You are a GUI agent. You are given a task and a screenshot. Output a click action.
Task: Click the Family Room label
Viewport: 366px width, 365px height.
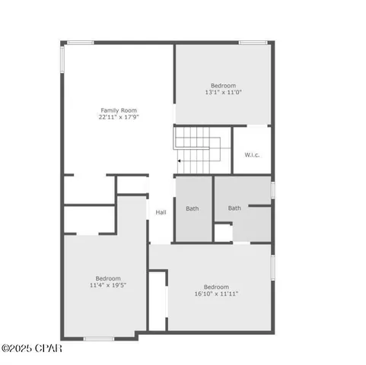(x=118, y=110)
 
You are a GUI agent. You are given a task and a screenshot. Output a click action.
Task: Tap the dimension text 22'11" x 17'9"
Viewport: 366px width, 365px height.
(x=118, y=117)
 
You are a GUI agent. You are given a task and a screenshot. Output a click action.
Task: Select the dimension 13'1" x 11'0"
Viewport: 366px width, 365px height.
(x=224, y=92)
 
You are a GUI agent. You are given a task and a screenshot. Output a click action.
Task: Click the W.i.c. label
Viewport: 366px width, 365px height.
(x=252, y=155)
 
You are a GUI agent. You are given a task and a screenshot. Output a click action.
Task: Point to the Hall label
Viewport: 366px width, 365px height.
(x=161, y=212)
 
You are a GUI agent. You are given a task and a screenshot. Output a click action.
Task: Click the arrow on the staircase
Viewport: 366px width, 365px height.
(x=180, y=161)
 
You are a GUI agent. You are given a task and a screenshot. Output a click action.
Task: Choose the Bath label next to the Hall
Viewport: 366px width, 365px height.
(x=193, y=208)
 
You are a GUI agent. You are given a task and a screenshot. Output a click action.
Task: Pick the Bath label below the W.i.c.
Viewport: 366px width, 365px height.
(x=234, y=208)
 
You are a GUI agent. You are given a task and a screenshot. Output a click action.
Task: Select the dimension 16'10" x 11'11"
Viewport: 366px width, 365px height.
(x=216, y=293)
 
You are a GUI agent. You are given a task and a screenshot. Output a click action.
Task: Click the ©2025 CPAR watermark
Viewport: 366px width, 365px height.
(x=32, y=349)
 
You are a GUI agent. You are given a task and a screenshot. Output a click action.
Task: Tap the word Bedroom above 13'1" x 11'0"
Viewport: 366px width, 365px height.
(x=224, y=85)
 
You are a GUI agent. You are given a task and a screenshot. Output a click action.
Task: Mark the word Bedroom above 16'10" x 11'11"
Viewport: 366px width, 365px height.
(x=216, y=286)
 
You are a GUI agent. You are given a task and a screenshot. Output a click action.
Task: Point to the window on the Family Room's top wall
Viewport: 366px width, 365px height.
(x=81, y=43)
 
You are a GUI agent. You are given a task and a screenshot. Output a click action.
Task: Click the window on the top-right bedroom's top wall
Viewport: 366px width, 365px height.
(x=251, y=43)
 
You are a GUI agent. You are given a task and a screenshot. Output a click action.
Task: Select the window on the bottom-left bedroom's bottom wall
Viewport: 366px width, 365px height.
(x=99, y=338)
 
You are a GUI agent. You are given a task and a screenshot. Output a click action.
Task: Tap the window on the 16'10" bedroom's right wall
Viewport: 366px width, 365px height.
(x=272, y=266)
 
